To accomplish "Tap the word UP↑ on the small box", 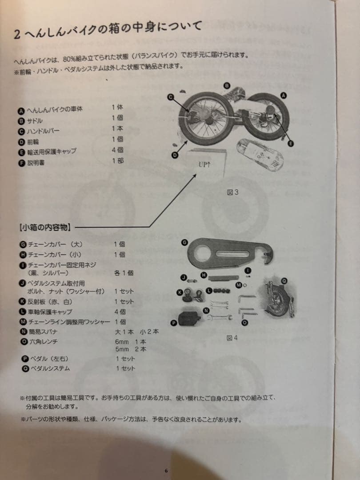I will [x=205, y=164].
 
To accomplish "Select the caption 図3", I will [x=233, y=192].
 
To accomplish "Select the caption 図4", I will [x=232, y=338].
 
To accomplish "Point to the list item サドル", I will [x=35, y=120].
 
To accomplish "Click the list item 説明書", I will [x=36, y=163].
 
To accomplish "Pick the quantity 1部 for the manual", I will [x=118, y=161].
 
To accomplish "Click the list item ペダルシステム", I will [x=49, y=368].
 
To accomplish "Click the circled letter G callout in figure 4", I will [x=184, y=242].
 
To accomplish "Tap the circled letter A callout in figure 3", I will [x=284, y=95].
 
